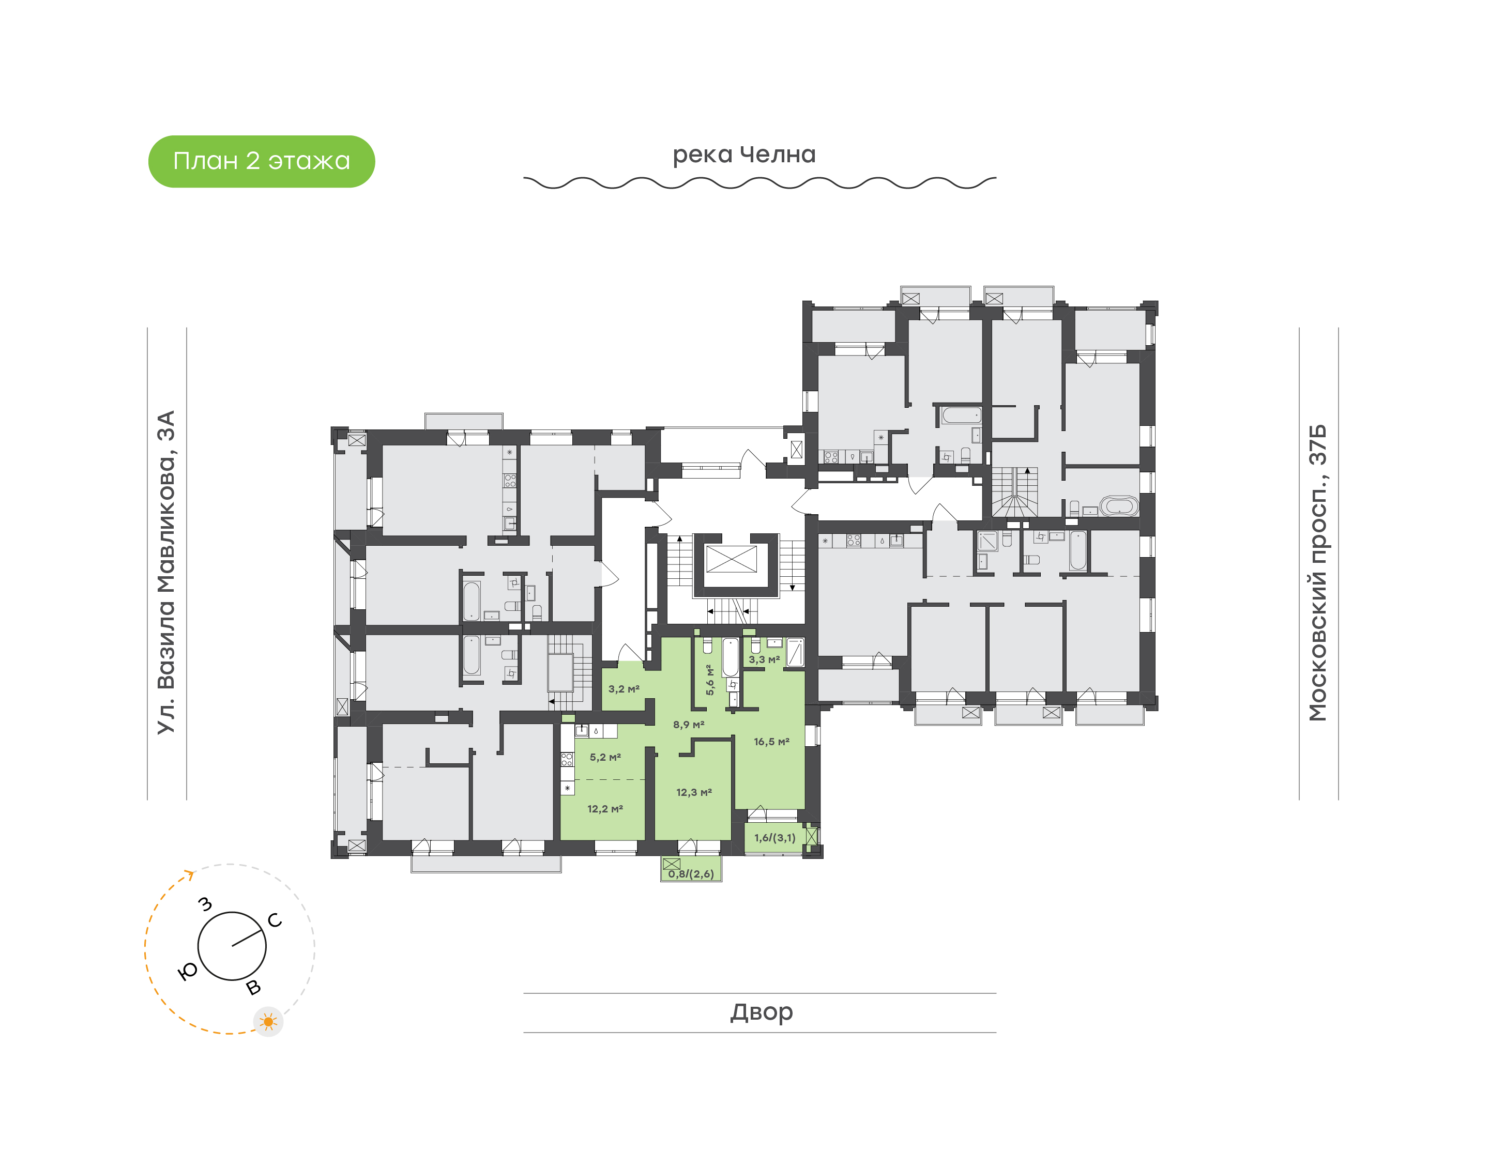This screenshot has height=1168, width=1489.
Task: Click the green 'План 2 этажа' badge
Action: tap(261, 161)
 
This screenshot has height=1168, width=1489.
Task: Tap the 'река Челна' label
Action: tap(744, 155)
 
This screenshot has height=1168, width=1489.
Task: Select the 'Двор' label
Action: tap(761, 1011)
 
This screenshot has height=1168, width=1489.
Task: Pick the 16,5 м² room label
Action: tap(771, 742)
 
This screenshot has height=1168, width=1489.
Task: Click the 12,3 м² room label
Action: tap(693, 793)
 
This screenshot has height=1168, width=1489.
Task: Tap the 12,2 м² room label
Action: tap(604, 809)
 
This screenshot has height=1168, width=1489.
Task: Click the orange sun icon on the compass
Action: tap(268, 1022)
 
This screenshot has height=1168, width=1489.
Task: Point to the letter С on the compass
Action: tap(275, 920)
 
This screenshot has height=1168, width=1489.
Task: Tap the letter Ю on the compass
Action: tap(187, 971)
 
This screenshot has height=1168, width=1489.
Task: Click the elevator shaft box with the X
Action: tap(731, 559)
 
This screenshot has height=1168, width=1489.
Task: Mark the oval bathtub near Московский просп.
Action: tap(1118, 506)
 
